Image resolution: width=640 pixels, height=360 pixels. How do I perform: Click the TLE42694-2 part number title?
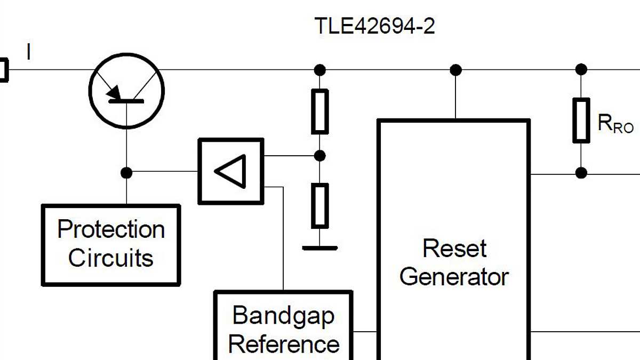point(374,26)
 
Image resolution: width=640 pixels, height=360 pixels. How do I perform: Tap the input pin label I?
point(28,52)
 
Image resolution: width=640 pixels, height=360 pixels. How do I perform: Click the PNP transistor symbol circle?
point(127,91)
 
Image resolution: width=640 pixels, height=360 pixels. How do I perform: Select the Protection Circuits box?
point(111,245)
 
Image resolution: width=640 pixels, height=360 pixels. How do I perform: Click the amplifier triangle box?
point(231,171)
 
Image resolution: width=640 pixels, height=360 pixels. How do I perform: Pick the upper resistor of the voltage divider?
point(319,111)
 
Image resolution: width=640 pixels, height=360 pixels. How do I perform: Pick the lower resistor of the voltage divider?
point(319,205)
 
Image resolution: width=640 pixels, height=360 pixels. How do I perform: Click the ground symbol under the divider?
point(319,247)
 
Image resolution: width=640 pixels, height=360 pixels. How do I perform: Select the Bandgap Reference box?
point(283,328)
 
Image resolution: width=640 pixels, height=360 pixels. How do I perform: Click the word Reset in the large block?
point(454,249)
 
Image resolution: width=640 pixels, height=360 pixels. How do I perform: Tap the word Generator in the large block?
point(454,277)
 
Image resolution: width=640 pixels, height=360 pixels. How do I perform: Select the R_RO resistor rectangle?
point(581,121)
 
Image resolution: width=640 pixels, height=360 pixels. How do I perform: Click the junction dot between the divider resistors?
point(319,156)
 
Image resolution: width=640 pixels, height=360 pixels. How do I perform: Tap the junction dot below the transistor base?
point(126,172)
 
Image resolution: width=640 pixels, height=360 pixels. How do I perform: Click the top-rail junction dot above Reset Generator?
point(455,69)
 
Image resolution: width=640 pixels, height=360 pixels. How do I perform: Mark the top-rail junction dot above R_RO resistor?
point(581,69)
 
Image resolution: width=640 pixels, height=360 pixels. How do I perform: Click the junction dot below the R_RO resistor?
point(581,173)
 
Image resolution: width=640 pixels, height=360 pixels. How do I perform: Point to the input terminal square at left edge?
point(3,70)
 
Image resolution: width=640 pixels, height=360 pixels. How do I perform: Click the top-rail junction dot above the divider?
point(319,69)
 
